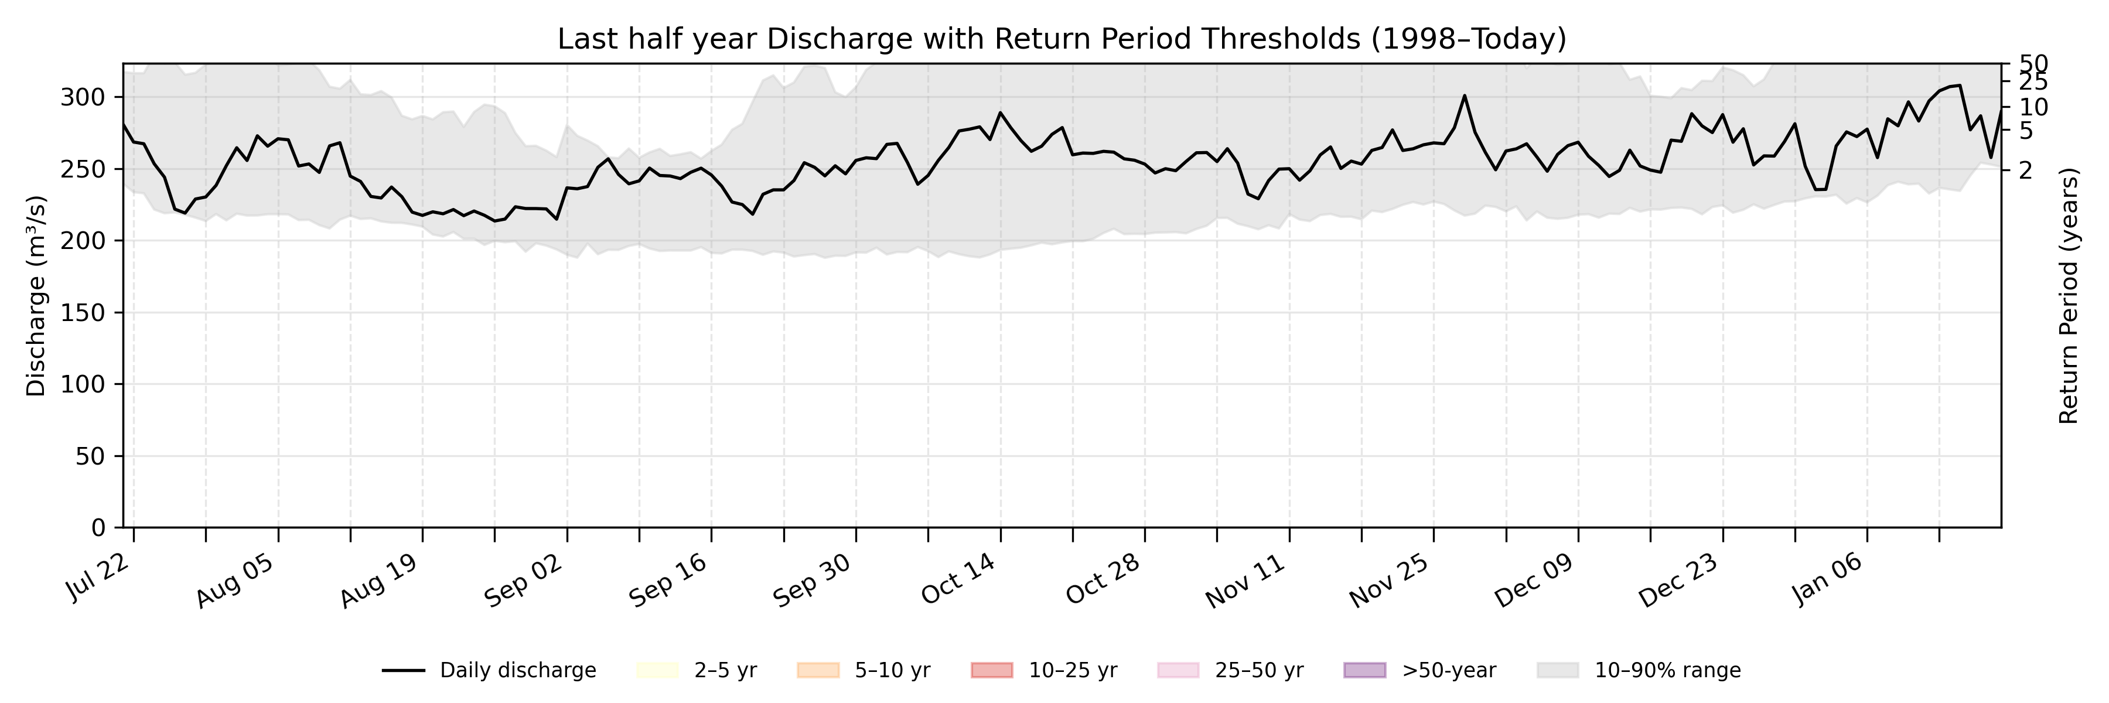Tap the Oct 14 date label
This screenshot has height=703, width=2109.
point(958,580)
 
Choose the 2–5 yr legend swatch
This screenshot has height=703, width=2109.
point(657,670)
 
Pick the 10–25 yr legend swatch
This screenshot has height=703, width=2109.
point(991,670)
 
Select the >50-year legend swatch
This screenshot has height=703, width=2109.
point(1365,670)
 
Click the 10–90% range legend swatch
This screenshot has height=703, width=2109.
point(1558,670)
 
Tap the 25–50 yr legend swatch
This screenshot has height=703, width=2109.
point(1178,670)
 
